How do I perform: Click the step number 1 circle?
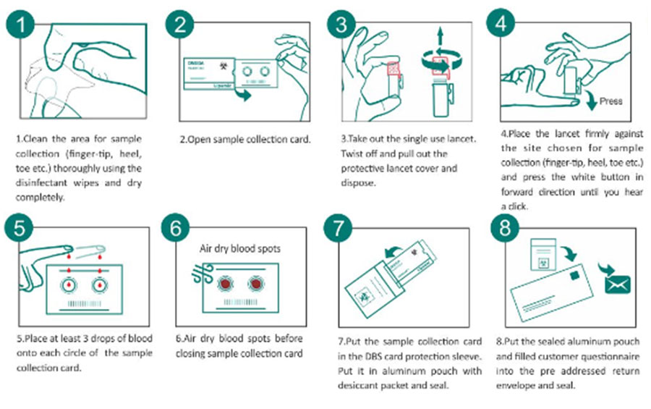(x=25, y=27)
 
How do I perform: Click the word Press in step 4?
(x=610, y=101)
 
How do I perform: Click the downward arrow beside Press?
(x=592, y=100)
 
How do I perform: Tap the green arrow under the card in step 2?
(x=246, y=95)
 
